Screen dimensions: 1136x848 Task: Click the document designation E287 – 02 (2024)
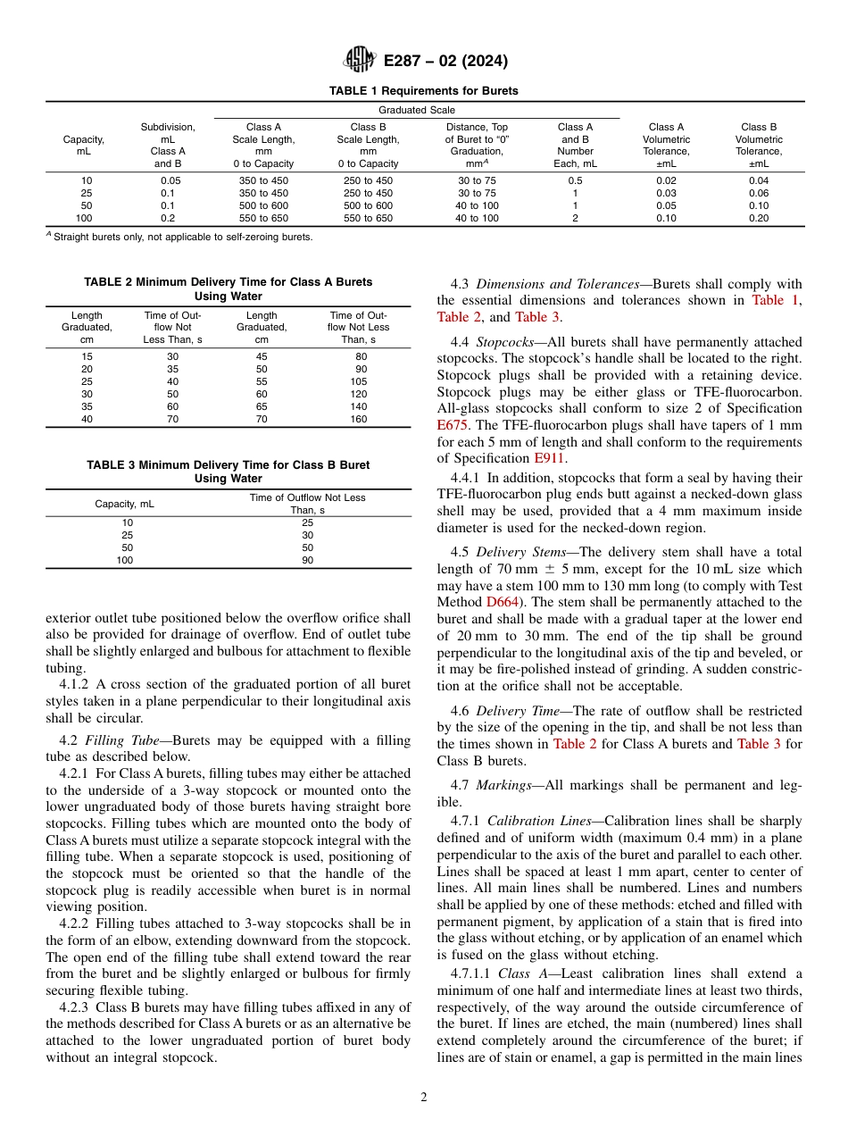445,62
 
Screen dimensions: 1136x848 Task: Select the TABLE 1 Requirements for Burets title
423,91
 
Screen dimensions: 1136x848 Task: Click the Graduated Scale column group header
416,110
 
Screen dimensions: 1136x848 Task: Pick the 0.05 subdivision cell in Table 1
167,180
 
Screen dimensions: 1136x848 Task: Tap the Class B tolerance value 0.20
758,218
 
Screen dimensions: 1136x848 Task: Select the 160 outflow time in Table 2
358,419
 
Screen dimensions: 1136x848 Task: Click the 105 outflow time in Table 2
358,381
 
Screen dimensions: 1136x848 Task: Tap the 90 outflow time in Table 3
307,561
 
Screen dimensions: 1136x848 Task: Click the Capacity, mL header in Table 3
124,504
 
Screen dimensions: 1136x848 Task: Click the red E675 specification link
452,425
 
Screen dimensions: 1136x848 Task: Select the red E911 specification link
549,458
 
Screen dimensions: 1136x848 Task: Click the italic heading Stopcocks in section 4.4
504,342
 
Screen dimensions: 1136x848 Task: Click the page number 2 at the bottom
424,1098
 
